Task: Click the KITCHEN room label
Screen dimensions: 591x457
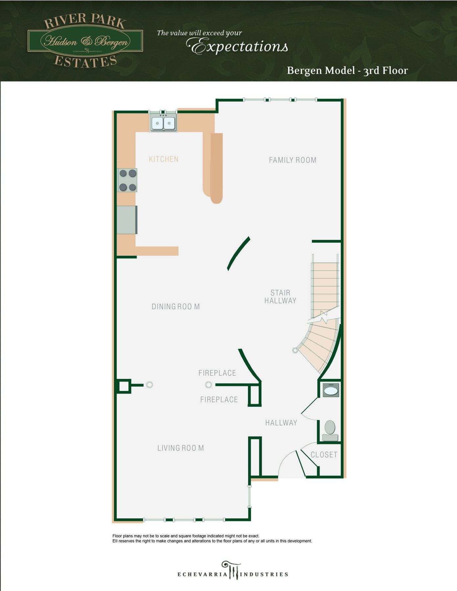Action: (x=164, y=159)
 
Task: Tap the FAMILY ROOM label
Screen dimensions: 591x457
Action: (x=292, y=160)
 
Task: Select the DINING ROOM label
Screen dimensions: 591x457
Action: (x=176, y=307)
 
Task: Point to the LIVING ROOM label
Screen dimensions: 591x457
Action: (x=180, y=448)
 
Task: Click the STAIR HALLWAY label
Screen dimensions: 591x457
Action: (x=280, y=296)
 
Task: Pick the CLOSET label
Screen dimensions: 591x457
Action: (x=324, y=455)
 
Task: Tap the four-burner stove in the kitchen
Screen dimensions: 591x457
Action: (x=128, y=180)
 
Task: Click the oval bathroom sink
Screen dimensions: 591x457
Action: (x=331, y=390)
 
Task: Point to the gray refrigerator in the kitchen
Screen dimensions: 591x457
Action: (x=127, y=220)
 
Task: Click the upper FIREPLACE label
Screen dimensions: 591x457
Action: (x=217, y=373)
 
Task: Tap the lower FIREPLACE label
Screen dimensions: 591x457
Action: (x=219, y=400)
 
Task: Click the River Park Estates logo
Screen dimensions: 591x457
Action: (x=85, y=41)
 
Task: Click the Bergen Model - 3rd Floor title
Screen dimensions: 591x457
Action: (x=347, y=71)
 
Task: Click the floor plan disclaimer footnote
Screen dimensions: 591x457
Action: (x=212, y=538)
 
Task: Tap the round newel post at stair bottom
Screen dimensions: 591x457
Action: (x=295, y=350)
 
